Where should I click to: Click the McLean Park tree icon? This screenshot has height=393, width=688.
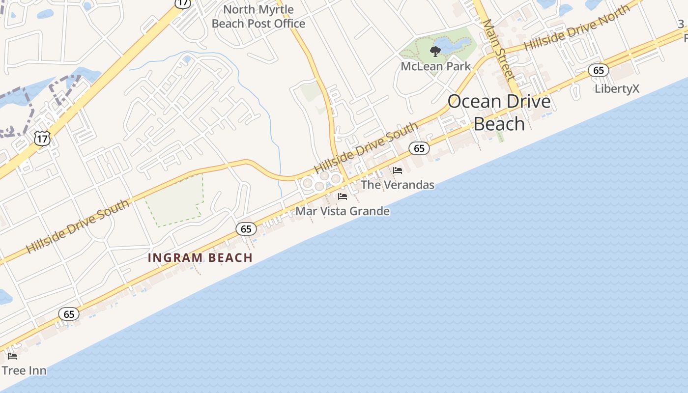[x=435, y=51]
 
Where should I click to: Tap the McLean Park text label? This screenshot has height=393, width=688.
[x=435, y=66]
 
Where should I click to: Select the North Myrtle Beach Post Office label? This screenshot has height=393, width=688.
[x=258, y=16]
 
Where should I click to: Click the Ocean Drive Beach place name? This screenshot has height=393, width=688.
[x=499, y=112]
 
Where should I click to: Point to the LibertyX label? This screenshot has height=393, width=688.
[x=617, y=89]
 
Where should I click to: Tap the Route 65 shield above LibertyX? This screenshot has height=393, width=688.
[x=599, y=70]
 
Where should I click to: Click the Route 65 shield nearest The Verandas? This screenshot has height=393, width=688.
[x=419, y=148]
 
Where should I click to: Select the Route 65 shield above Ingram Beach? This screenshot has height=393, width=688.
[x=246, y=228]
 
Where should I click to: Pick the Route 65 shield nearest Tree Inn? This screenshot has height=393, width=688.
[x=69, y=314]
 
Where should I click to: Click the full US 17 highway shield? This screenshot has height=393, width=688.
[x=42, y=139]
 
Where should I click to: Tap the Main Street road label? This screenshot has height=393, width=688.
[x=499, y=49]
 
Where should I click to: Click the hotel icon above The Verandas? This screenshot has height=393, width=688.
[x=398, y=170]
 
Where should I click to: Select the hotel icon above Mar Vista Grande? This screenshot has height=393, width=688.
[x=343, y=196]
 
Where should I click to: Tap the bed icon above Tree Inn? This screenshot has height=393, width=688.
[x=12, y=356]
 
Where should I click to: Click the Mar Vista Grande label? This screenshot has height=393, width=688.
[x=342, y=211]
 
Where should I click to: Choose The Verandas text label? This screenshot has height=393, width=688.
[x=398, y=185]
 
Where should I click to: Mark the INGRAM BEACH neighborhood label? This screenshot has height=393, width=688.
[x=200, y=257]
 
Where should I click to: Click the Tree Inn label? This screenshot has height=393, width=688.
[x=24, y=370]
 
